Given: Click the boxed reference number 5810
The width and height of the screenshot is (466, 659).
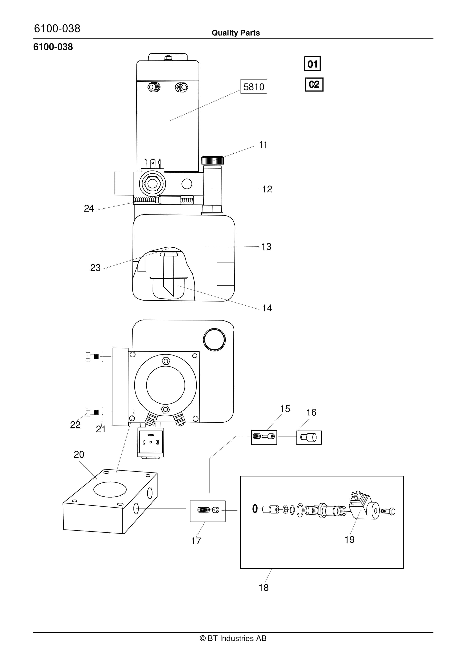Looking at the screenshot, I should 254,87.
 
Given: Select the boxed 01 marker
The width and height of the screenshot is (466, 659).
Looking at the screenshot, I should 312,64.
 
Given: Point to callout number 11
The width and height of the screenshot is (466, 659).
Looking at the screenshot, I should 263,145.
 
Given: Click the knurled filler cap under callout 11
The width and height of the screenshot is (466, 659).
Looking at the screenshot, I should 212,160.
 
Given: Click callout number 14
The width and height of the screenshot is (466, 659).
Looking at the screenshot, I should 267,308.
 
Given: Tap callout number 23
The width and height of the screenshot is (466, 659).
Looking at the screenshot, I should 95,268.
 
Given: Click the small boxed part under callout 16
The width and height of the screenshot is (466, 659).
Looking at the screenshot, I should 308,437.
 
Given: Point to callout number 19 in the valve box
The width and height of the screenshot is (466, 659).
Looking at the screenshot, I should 349,540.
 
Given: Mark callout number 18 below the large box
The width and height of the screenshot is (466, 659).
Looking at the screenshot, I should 263,587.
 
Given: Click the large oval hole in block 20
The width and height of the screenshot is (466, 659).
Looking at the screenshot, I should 110,489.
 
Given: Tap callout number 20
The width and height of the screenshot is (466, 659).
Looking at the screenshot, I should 79,454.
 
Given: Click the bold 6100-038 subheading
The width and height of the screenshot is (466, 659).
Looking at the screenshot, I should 53,47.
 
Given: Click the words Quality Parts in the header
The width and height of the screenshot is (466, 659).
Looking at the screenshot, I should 236,33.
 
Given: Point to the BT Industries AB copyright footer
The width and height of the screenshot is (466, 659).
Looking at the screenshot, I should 233,638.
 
